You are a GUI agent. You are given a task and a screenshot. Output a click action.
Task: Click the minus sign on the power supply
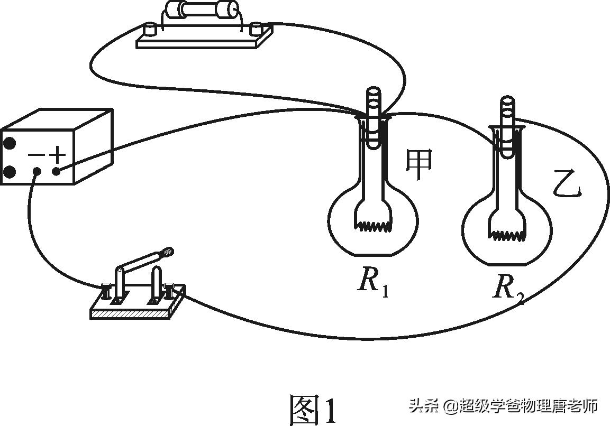pyautogui.click(x=36, y=155)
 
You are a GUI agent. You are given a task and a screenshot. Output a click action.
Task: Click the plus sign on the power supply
pyautogui.click(x=57, y=155)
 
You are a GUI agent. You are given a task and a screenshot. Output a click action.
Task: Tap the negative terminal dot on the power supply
pyautogui.click(x=37, y=172)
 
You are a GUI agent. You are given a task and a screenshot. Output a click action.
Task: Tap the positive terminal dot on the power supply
pyautogui.click(x=57, y=171)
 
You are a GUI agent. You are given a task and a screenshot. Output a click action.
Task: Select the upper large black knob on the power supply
pyautogui.click(x=9, y=143)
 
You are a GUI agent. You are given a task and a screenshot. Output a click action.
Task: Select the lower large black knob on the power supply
pyautogui.click(x=9, y=172)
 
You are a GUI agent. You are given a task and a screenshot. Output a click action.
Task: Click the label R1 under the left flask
pyautogui.click(x=373, y=282)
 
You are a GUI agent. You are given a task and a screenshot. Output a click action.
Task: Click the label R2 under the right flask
pyautogui.click(x=508, y=289)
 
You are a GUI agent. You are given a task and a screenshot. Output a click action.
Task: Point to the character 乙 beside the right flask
pyautogui.click(x=567, y=185)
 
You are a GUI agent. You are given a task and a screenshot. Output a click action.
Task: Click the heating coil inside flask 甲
pyautogui.click(x=374, y=226)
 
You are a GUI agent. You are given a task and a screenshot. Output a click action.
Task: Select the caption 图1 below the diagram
pyautogui.click(x=313, y=409)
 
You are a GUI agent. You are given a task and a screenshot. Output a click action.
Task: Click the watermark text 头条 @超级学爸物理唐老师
pyautogui.click(x=503, y=406)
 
